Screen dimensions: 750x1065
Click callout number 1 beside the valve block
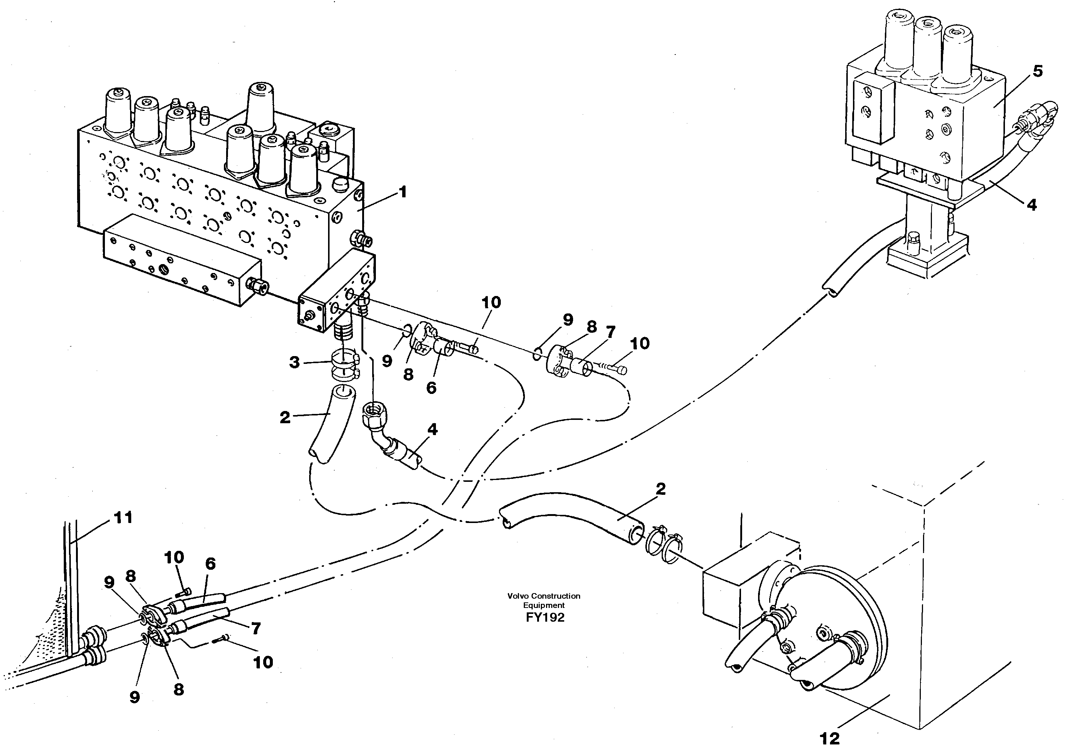pos(403,192)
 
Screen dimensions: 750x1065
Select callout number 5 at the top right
pos(1037,72)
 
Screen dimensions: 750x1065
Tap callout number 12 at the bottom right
pos(829,738)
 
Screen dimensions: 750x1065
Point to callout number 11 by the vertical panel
pos(123,517)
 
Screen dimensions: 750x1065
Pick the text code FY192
pos(545,618)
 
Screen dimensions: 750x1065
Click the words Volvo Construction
pos(544,596)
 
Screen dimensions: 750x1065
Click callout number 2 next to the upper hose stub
pos(285,417)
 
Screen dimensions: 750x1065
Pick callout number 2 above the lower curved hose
pos(661,489)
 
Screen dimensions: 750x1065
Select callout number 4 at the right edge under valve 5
pos(1031,204)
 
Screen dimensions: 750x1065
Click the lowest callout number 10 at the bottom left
pos(263,662)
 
